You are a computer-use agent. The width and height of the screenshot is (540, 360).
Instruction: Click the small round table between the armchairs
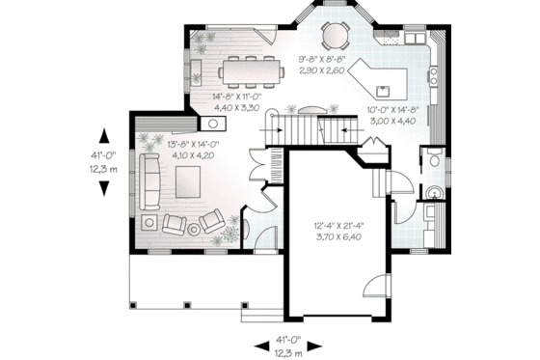(x=193, y=228)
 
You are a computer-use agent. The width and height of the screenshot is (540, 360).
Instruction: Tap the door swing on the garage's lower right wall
(x=368, y=285)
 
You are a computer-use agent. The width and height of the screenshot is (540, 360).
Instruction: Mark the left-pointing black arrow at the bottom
(x=260, y=343)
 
